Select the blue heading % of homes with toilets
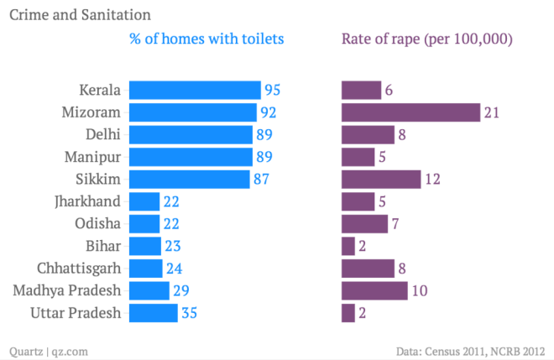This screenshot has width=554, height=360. tap(206, 39)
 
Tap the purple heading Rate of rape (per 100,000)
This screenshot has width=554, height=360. tap(426, 39)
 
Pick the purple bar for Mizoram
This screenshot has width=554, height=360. tap(410, 112)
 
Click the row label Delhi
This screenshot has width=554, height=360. tap(103, 134)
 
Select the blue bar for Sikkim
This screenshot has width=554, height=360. tap(191, 179)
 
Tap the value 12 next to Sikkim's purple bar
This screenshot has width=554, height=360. tap(432, 179)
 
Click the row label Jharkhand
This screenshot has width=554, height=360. tap(91, 201)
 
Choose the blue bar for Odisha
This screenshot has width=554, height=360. tap(145, 223)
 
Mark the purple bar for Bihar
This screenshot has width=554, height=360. tap(348, 246)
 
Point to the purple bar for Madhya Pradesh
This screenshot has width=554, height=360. tap(374, 290)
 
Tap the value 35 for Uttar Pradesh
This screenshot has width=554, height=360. tap(190, 313)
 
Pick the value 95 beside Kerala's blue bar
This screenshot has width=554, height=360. tap(273, 90)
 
